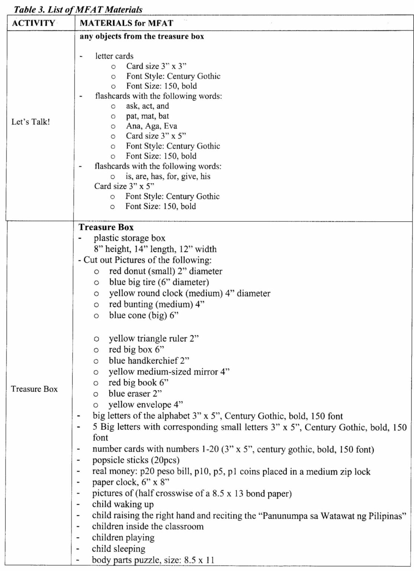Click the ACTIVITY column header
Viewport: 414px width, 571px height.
tap(33, 23)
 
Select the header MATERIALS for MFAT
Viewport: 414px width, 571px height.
tap(126, 23)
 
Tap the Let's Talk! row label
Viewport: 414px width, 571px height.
tap(31, 122)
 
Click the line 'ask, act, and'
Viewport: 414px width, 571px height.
tap(147, 106)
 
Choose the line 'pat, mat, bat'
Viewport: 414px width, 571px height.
tap(147, 116)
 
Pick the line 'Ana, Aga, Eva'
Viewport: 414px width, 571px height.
tap(151, 126)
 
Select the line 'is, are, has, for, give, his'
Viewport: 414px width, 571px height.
tap(168, 176)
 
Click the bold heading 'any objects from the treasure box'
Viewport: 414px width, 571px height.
tap(142, 36)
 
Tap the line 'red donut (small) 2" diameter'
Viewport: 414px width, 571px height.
tap(166, 271)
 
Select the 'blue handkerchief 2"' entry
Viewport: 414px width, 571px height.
tap(149, 361)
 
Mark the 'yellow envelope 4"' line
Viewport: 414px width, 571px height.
tap(146, 404)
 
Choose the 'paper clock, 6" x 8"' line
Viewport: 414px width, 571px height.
tap(131, 483)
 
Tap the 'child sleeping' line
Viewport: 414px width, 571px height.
tap(119, 549)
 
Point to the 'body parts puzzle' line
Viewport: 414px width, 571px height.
tap(153, 560)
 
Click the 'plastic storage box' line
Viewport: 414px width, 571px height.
tap(129, 238)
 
